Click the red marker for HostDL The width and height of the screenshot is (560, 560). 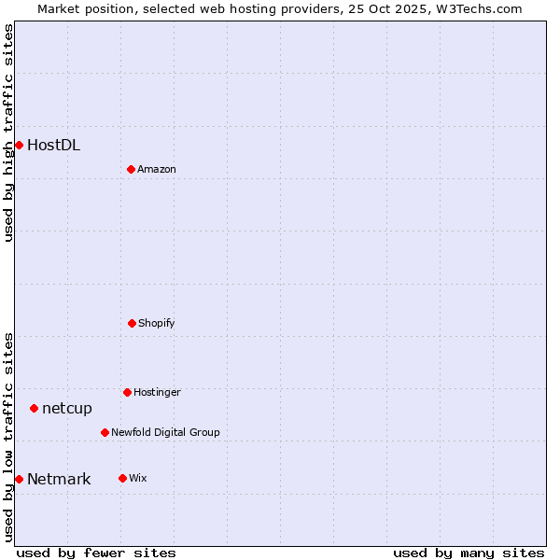tap(19, 145)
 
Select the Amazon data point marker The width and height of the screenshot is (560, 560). tap(131, 169)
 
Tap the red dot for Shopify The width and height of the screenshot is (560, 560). tap(132, 323)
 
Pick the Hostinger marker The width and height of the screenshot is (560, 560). tap(127, 392)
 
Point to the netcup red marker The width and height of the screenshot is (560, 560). tap(34, 408)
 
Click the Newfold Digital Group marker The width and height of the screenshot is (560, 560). tap(105, 432)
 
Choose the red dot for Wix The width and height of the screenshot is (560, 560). tap(122, 478)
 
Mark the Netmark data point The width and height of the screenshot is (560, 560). tap(19, 479)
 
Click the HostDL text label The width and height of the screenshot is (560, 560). tap(53, 145)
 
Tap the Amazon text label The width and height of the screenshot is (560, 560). tap(157, 169)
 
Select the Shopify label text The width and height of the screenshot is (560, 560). tap(157, 323)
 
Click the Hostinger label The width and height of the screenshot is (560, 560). tap(157, 392)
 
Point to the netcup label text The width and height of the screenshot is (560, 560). tap(67, 408)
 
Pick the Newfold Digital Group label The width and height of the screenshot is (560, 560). tap(165, 432)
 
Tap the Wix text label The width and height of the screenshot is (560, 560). tap(138, 478)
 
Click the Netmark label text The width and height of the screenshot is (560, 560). tap(59, 480)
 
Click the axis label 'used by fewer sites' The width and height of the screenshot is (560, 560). tap(96, 553)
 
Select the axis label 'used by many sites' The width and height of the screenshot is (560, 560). tap(469, 553)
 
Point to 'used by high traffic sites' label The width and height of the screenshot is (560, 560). tap(8, 133)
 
